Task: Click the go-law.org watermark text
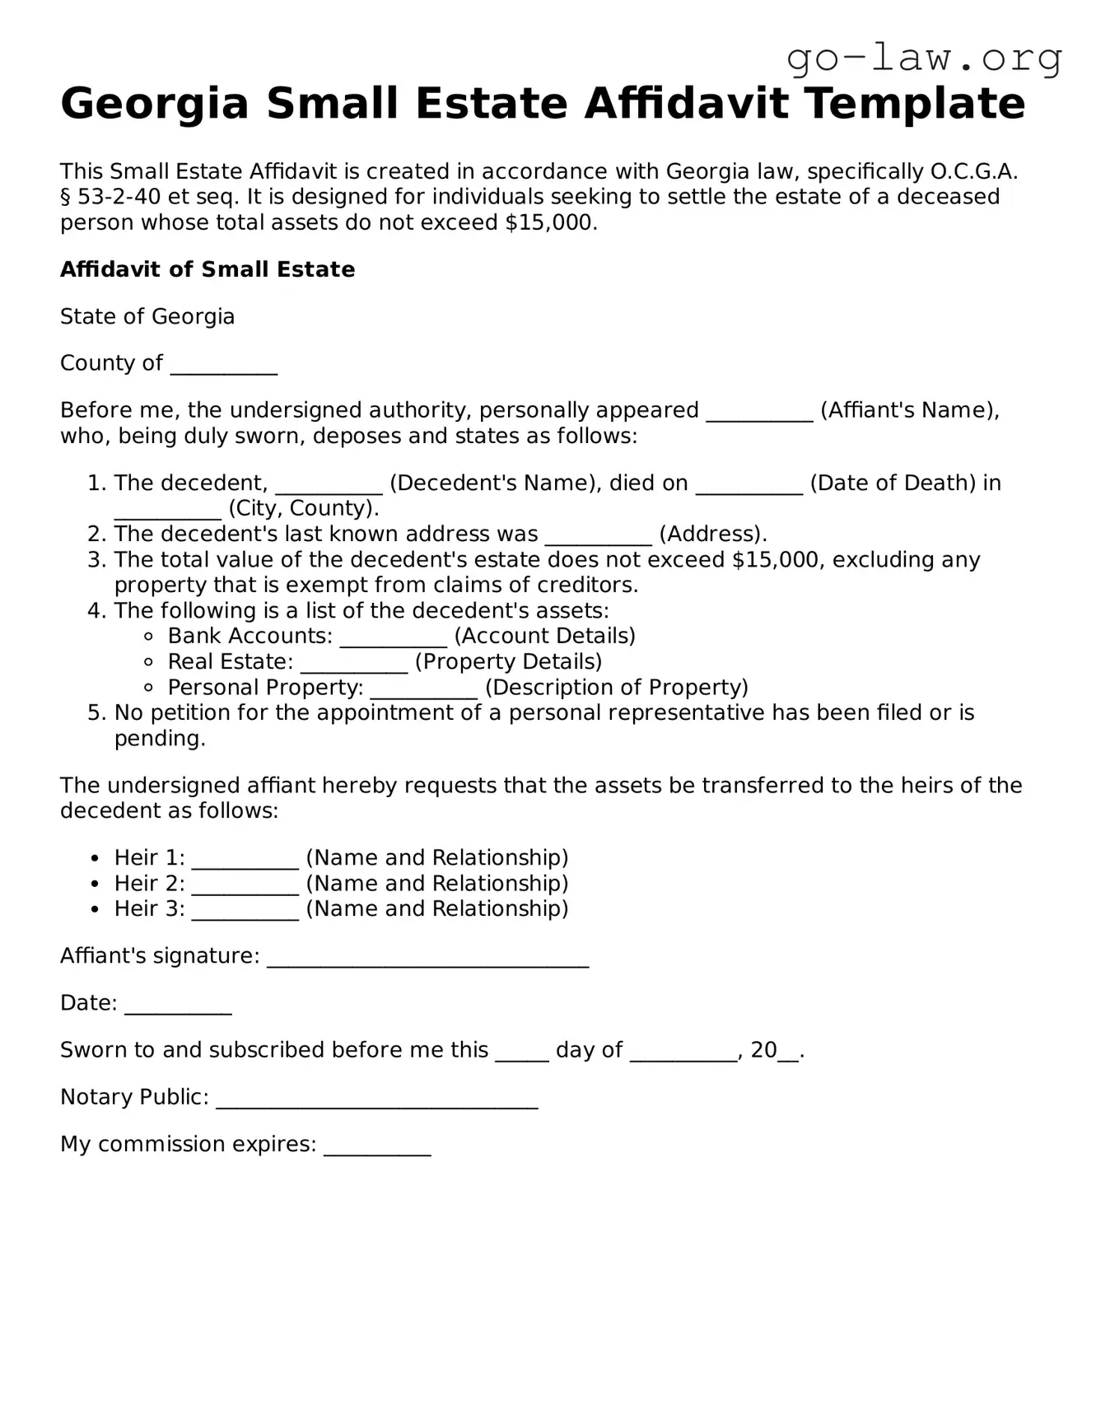(924, 58)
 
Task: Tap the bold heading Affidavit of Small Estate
(208, 269)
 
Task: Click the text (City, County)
(303, 508)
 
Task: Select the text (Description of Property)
(616, 688)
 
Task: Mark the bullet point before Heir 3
(96, 909)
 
